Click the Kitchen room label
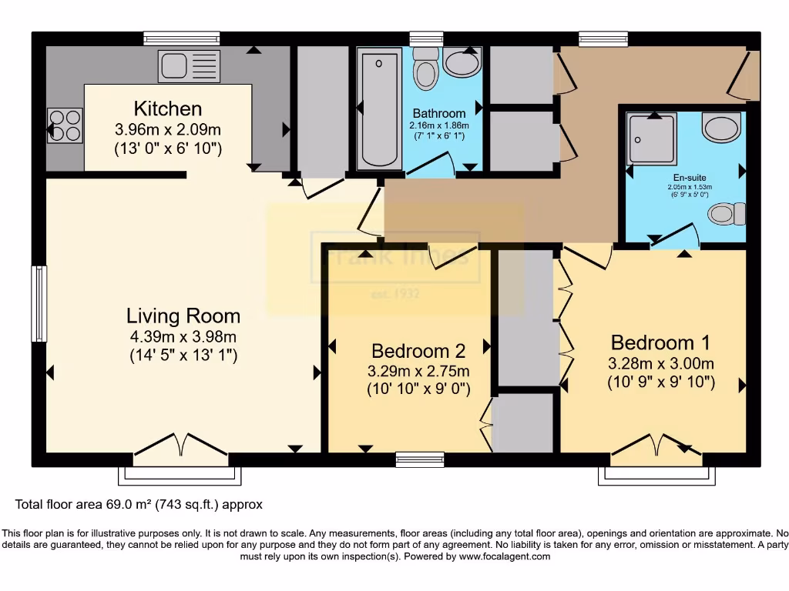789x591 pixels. coord(168,109)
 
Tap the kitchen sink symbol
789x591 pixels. coord(189,66)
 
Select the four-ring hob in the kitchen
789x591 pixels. coord(65,125)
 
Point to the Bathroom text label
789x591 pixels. coord(439,113)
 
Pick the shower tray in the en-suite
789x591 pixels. coord(652,139)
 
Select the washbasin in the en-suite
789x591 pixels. coord(722,127)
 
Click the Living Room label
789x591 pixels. coord(183,316)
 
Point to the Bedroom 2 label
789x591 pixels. coord(418,351)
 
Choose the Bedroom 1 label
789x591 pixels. coord(660,342)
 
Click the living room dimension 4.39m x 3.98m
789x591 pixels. coord(183,336)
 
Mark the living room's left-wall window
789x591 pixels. coord(39,302)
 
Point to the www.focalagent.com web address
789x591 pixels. coord(504,556)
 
